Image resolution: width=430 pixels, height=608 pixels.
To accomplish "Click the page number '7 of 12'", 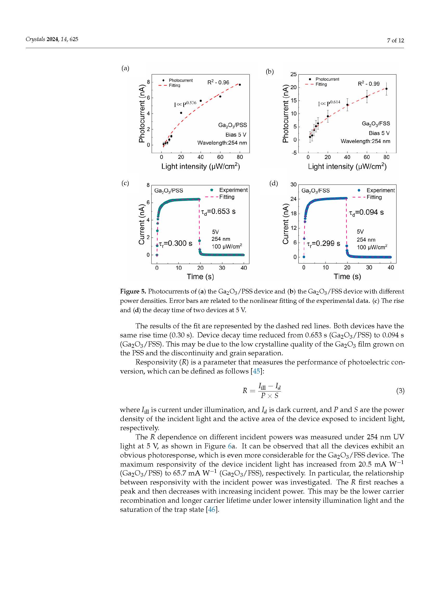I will coord(395,41).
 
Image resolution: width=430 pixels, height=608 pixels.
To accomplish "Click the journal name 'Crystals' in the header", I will coord(35,39).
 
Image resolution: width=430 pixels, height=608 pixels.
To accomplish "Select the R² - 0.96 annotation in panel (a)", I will coord(218,83).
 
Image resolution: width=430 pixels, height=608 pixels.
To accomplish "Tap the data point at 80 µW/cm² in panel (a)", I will coord(240,85).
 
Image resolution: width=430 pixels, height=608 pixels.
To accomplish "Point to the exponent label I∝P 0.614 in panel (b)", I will coord(329,103).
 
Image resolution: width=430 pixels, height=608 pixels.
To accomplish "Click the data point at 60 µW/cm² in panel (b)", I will coord(367,97).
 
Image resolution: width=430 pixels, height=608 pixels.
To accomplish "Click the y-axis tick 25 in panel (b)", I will coord(293,74).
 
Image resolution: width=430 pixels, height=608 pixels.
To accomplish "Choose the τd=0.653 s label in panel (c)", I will coord(218,212).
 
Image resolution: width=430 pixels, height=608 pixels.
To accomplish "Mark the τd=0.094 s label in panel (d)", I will coord(366,212).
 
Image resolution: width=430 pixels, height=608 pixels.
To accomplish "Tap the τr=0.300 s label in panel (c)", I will coord(175,243).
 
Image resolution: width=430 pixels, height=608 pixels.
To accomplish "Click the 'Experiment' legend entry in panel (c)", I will coord(233,190).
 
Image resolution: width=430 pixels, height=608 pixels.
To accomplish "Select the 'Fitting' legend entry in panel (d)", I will coord(374,197).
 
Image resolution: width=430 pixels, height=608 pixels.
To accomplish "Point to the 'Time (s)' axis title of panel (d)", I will coord(347,277).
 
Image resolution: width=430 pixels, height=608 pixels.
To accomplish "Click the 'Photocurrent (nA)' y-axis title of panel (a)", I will coord(142,114).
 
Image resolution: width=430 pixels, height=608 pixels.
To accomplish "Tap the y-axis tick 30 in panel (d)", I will coord(293,185).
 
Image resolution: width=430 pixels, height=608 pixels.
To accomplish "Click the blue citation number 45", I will coord(256,371).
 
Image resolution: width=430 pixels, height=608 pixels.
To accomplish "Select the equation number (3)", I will coord(400,391).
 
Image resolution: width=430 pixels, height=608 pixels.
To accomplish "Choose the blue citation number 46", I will coord(212,509).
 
